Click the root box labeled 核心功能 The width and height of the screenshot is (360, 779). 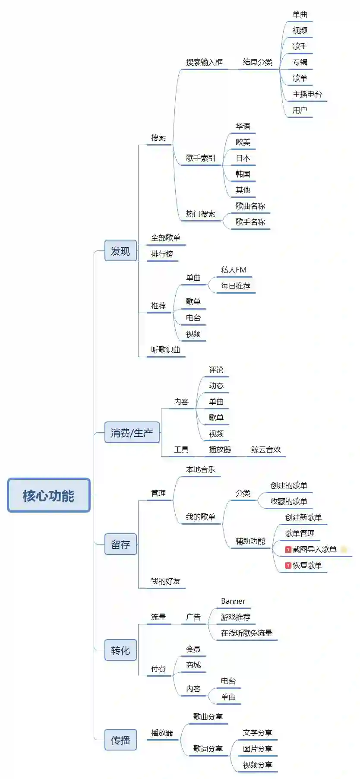click(x=49, y=495)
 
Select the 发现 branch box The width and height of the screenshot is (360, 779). click(x=120, y=251)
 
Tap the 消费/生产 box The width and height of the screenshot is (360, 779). click(x=132, y=433)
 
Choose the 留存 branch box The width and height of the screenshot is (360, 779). click(x=120, y=545)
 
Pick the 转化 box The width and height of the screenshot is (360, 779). click(x=120, y=650)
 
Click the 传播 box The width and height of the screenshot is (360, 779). click(x=120, y=740)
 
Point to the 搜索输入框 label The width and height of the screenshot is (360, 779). click(x=204, y=62)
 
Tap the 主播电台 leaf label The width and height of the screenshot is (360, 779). click(x=307, y=94)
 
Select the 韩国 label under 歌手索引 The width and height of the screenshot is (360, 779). click(x=243, y=174)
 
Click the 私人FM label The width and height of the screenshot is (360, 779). click(x=234, y=270)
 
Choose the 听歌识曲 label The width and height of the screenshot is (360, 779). click(x=165, y=350)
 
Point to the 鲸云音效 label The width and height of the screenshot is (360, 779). click(x=265, y=450)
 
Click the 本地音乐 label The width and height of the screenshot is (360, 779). click(x=200, y=469)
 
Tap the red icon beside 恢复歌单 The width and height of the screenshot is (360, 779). click(x=288, y=565)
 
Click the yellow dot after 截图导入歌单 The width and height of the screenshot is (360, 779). click(x=344, y=549)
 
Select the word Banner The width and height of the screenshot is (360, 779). click(x=233, y=601)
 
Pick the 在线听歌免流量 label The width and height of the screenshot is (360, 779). click(x=246, y=633)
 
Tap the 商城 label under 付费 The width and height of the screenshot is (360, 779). click(x=193, y=665)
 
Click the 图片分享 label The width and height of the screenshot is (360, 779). click(x=257, y=749)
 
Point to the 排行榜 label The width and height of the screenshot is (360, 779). click(x=162, y=254)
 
